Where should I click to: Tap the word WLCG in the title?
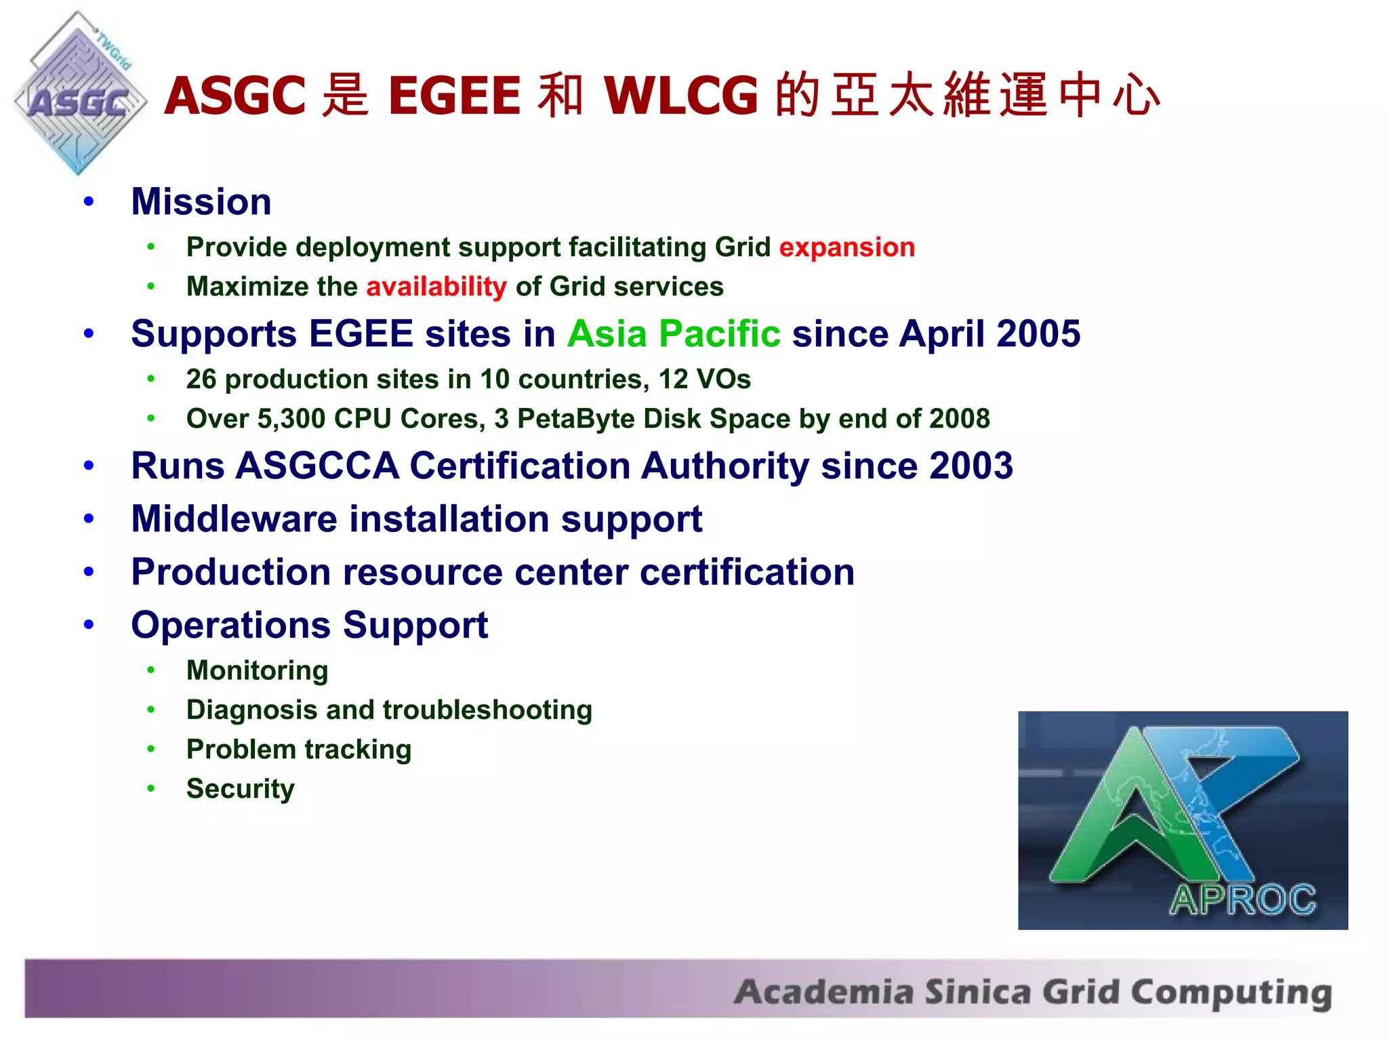680,96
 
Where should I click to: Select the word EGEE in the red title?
453,96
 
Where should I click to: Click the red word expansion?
846,247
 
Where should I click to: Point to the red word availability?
436,287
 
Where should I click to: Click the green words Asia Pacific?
674,334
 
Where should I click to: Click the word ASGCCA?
317,466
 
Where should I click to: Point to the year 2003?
971,466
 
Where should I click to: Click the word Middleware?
234,519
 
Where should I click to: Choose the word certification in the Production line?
747,573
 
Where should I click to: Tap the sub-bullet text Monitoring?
257,671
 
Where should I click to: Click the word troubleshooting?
487,710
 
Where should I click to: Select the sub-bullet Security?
240,789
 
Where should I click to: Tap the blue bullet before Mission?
89,202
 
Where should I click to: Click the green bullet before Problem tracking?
151,750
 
